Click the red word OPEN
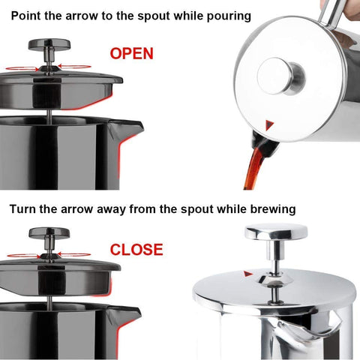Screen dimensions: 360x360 (x=131, y=53)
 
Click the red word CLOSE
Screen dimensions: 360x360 (x=136, y=249)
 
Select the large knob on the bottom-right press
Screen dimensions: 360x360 (x=275, y=232)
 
